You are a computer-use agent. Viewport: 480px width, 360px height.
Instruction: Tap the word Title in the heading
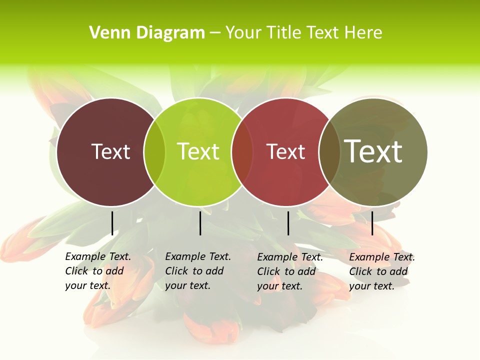click(285, 33)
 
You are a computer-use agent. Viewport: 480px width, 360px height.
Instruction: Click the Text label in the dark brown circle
click(110, 151)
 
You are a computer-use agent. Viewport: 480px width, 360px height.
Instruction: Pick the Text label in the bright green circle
click(198, 151)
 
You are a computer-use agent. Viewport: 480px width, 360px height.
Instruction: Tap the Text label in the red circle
click(285, 151)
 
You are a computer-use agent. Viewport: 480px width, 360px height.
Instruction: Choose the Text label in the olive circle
click(373, 151)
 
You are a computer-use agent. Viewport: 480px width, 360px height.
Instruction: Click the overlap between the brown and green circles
click(154, 151)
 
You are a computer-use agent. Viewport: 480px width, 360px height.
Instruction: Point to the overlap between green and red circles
click(242, 151)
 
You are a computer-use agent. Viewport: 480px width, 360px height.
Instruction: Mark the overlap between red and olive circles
click(329, 151)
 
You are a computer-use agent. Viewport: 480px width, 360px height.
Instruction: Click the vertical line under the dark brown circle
click(112, 223)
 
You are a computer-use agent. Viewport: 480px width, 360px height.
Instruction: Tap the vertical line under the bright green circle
click(200, 223)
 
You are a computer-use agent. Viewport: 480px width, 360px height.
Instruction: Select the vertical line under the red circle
click(288, 223)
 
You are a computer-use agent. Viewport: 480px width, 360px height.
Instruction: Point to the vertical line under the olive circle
click(372, 223)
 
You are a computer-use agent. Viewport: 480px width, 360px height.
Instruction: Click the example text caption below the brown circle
click(98, 271)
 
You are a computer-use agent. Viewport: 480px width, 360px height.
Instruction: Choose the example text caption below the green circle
click(198, 271)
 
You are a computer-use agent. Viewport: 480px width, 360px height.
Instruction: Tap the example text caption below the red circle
click(290, 271)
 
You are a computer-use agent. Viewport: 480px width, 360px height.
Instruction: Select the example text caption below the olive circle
click(382, 271)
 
